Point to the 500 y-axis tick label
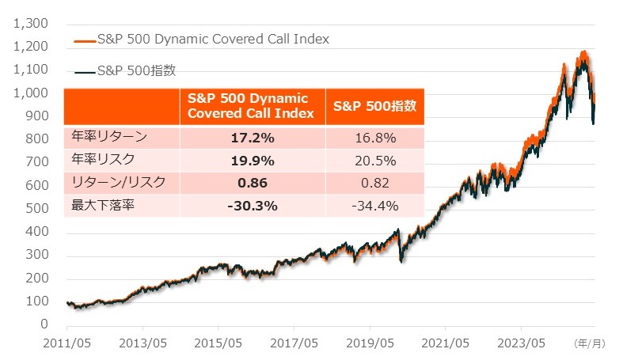pyautogui.click(x=36, y=209)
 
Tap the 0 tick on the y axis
pyautogui.click(x=45, y=324)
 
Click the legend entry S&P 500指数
pyautogui.click(x=135, y=70)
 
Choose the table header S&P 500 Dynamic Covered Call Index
pyautogui.click(x=252, y=105)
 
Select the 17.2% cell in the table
pyautogui.click(x=252, y=138)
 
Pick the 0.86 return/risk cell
pyautogui.click(x=252, y=184)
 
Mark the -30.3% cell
pyautogui.click(x=252, y=207)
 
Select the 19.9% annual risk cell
pyautogui.click(x=252, y=161)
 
